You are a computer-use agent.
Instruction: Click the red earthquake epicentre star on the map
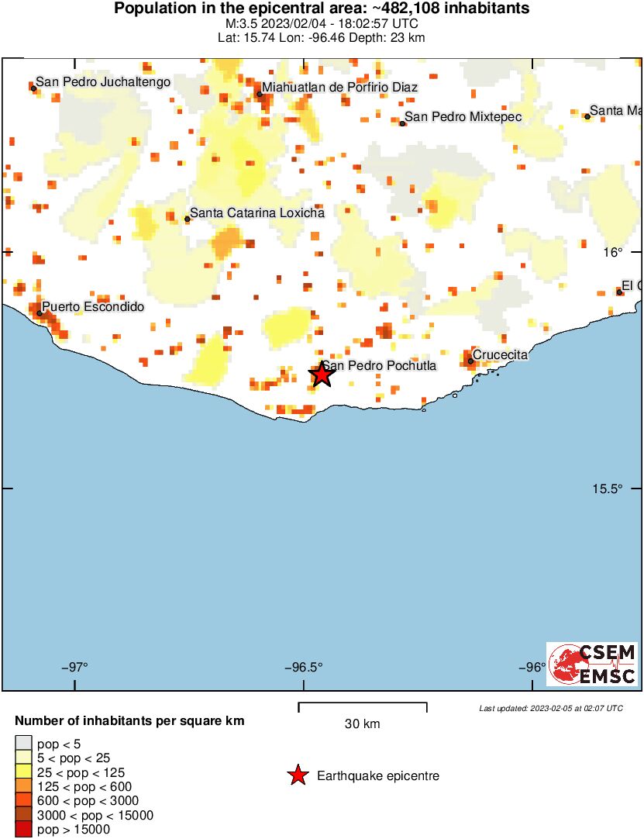coord(322,375)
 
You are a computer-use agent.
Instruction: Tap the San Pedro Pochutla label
coord(379,366)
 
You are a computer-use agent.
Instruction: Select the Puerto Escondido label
coord(92,307)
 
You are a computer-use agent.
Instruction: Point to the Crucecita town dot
coord(470,361)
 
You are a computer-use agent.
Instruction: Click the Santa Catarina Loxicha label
coord(257,212)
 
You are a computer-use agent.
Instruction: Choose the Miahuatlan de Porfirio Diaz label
coord(339,88)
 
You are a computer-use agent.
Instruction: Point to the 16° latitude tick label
coord(613,252)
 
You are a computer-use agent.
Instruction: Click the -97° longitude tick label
coord(77,667)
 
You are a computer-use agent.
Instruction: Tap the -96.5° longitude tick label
coord(304,667)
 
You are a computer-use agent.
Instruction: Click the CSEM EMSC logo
coord(593,665)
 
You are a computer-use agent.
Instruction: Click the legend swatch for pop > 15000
coord(24,829)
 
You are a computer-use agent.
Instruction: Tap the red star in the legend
coord(298,775)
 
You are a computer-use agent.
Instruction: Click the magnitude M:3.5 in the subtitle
coord(239,24)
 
